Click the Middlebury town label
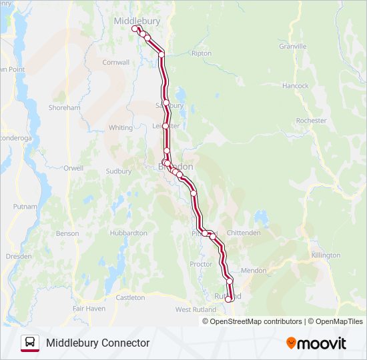[x=137, y=21]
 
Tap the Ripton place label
[x=201, y=53]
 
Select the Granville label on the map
[x=293, y=47]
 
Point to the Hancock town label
[x=295, y=86]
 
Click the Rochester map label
[x=311, y=121]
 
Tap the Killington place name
[x=326, y=255]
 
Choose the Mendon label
[x=254, y=271]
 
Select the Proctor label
[x=201, y=265]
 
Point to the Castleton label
[x=130, y=297]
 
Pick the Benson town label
[x=67, y=234]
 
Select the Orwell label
[x=74, y=168]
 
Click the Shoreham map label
[x=65, y=107]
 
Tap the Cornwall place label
[x=115, y=63]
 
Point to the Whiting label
[x=121, y=128]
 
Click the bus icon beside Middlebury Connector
[x=29, y=343]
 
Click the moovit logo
[x=316, y=343]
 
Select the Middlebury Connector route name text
[x=97, y=343]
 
